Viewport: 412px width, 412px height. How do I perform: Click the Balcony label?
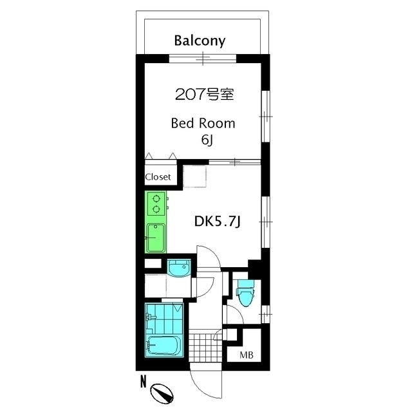(200, 41)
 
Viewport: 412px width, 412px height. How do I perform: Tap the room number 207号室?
(205, 95)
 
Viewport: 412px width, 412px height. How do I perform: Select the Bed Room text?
(203, 124)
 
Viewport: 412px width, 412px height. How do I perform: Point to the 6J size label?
(207, 140)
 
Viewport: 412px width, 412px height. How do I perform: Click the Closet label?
(158, 177)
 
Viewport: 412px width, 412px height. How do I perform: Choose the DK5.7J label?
(218, 222)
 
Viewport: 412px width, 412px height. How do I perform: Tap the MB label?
(247, 355)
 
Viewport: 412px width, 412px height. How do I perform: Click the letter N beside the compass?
(143, 382)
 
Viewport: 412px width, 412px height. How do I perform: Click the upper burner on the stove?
(156, 198)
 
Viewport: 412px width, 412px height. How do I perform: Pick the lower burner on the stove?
(156, 209)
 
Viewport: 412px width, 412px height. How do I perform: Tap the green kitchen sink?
(156, 238)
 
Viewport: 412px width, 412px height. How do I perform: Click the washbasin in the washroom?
(179, 268)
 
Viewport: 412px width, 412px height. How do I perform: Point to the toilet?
(245, 293)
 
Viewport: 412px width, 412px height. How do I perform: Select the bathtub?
(164, 345)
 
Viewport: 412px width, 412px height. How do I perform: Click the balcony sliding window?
(203, 59)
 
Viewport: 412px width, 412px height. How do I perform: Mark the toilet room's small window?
(265, 314)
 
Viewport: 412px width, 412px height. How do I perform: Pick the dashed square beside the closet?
(194, 176)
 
